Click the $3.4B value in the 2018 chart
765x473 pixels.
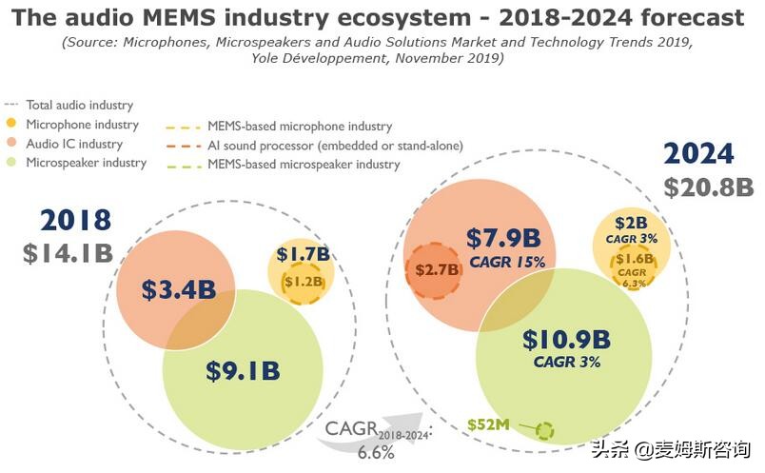coord(179,289)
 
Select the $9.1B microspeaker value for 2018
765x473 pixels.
coord(243,369)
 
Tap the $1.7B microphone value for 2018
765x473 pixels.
coord(303,254)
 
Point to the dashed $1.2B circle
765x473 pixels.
coord(303,283)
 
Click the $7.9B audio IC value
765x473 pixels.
coord(503,237)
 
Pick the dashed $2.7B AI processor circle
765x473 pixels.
coord(438,269)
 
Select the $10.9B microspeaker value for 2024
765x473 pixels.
coord(565,340)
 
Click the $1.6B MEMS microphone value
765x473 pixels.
coord(634,259)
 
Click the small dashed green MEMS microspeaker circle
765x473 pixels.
coord(543,430)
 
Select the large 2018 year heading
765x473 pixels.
coord(76,221)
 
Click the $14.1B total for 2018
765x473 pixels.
coord(69,254)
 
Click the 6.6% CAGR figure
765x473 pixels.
coord(377,452)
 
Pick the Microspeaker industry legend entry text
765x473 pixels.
coord(86,163)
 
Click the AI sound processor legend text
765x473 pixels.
coord(334,146)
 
